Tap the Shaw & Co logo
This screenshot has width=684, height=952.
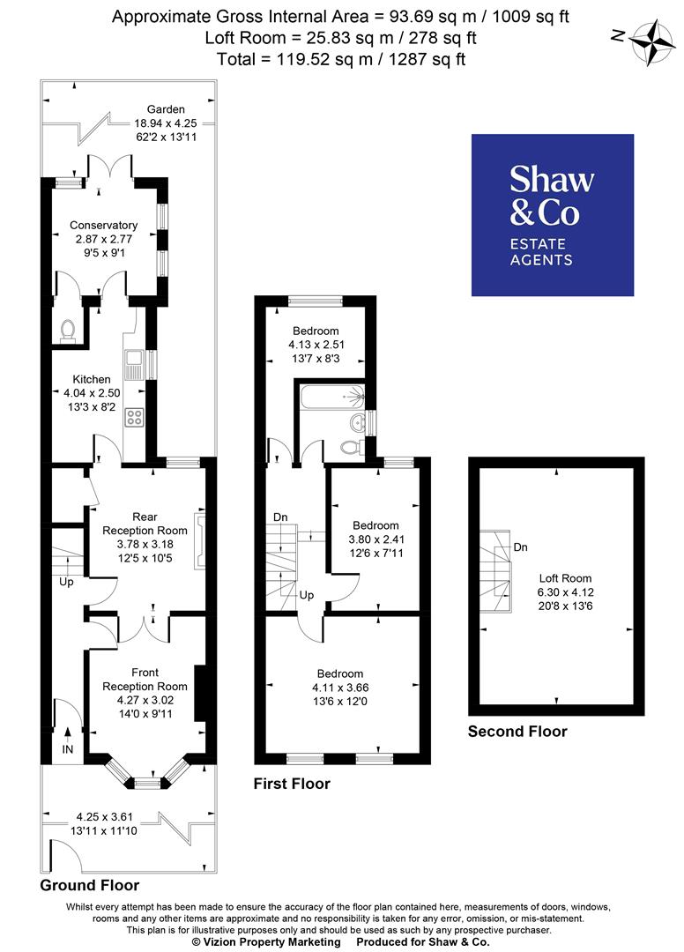tap(552, 215)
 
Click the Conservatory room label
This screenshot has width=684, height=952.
tap(105, 225)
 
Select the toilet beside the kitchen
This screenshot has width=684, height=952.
tap(68, 329)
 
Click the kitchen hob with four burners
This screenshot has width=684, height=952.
tap(136, 417)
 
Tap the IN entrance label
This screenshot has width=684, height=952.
tap(67, 748)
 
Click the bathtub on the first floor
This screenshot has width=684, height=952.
tap(331, 398)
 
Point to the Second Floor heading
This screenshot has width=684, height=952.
tap(517, 732)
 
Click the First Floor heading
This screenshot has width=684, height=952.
tap(292, 784)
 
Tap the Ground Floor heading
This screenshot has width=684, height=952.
tap(90, 885)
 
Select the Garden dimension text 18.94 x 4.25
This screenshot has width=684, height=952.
tap(165, 123)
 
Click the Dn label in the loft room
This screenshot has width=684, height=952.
tap(521, 547)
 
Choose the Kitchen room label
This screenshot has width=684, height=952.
tap(92, 380)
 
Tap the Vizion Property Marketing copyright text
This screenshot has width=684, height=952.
tap(266, 942)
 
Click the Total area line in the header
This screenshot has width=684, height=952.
tap(341, 60)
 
